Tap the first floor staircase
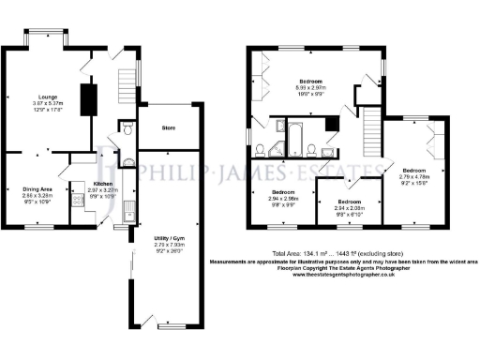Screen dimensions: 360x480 pyautogui.click(x=372, y=129)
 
